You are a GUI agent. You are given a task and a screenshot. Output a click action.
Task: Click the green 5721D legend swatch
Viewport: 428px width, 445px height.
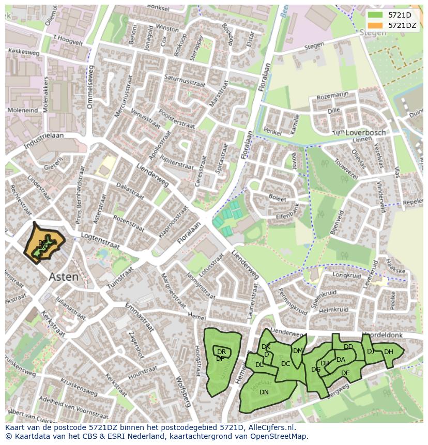(375, 16)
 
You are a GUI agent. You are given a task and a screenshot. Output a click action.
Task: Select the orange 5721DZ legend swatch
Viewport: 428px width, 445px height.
(375, 25)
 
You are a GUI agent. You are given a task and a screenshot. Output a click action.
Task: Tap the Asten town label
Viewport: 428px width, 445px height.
(64, 277)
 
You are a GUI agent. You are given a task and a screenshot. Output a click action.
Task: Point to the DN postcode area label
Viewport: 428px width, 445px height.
(264, 392)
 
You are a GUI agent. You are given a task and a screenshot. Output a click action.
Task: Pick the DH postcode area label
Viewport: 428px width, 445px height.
(389, 352)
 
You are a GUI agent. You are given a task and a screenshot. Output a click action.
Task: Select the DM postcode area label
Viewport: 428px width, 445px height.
(298, 350)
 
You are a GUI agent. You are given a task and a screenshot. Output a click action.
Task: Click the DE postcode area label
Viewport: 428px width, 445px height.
(345, 373)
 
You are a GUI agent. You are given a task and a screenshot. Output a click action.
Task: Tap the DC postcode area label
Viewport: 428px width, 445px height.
(285, 364)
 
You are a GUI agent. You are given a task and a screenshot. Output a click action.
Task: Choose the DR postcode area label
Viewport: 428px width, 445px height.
(221, 352)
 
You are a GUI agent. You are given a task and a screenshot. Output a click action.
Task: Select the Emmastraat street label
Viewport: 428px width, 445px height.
(140, 317)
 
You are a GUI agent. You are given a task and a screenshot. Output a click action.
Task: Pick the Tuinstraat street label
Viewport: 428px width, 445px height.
(120, 278)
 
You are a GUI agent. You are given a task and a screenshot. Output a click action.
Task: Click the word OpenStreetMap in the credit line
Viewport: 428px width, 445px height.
(280, 436)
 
